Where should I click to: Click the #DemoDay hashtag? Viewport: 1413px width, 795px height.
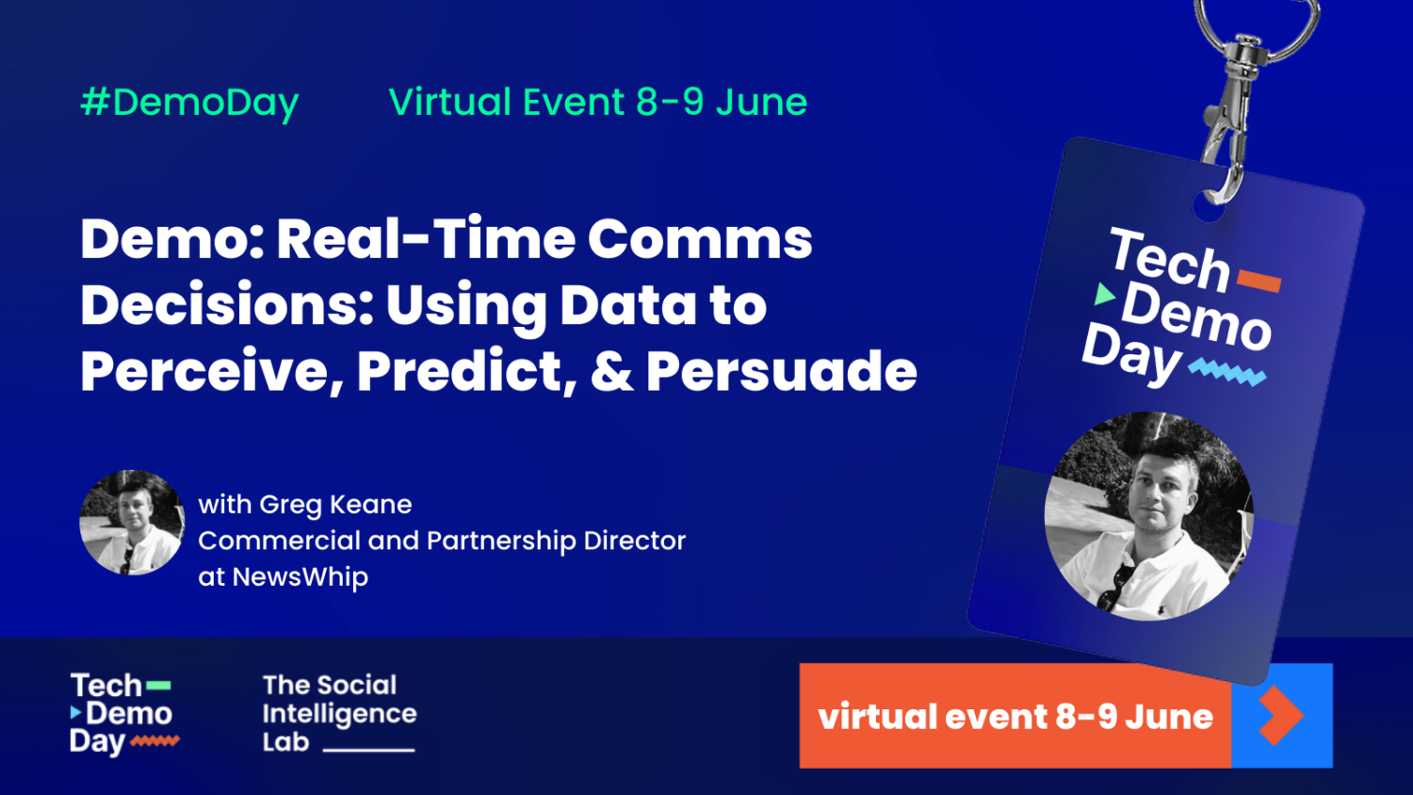click(190, 103)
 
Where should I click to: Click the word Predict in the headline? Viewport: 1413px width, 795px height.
click(466, 372)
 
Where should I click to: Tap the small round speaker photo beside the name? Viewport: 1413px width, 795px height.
click(132, 523)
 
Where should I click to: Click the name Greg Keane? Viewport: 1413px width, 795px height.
click(335, 505)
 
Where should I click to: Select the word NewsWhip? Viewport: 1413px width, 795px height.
click(300, 576)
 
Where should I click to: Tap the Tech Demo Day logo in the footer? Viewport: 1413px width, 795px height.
click(124, 714)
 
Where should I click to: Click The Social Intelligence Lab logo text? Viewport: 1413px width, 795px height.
click(339, 714)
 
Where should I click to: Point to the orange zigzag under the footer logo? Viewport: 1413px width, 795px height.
click(155, 741)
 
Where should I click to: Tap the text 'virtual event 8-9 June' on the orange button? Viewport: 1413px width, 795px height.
click(1015, 716)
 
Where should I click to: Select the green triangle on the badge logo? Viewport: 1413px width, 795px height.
click(1104, 294)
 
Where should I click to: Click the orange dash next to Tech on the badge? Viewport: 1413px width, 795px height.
click(1259, 281)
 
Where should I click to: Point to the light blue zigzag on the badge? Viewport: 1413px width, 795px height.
click(1226, 372)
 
